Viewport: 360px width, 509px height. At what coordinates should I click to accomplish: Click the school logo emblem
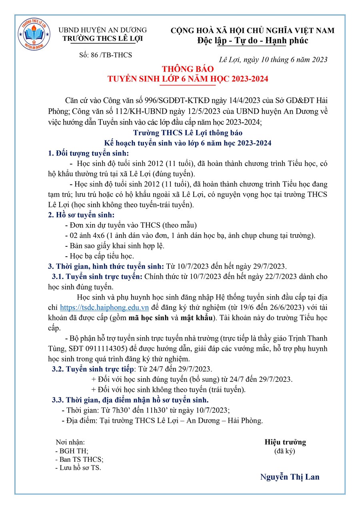(34, 35)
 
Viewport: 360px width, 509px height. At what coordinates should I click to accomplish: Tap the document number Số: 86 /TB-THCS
(106, 55)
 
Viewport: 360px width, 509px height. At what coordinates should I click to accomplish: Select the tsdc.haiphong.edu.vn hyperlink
(104, 307)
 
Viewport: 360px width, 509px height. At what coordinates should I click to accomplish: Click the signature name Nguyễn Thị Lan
(290, 477)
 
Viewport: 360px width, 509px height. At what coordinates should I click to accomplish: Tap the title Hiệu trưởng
(285, 442)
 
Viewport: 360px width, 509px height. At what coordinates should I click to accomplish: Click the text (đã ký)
(284, 451)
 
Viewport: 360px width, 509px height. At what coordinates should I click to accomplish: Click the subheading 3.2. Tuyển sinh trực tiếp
(94, 368)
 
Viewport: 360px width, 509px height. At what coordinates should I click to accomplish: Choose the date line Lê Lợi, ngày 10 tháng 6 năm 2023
(274, 60)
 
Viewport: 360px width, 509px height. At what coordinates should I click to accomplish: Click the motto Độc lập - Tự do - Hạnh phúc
(253, 41)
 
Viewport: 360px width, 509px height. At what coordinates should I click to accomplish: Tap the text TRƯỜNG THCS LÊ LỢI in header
(102, 39)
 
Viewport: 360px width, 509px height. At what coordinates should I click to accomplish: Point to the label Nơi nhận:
(70, 442)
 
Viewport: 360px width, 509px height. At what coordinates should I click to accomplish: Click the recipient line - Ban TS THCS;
(79, 459)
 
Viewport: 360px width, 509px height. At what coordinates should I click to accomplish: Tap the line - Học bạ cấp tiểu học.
(99, 255)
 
